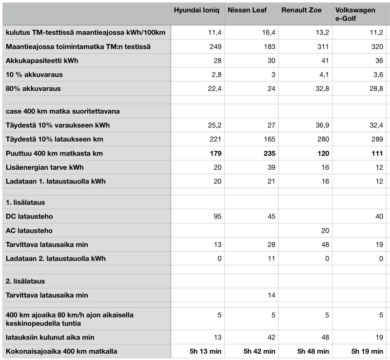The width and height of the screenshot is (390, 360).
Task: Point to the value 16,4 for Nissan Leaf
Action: click(x=268, y=33)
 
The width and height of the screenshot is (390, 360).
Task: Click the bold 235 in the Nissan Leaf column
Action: click(x=268, y=154)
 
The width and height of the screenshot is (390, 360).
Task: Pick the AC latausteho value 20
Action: click(x=324, y=230)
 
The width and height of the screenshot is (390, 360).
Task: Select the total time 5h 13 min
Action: click(x=204, y=351)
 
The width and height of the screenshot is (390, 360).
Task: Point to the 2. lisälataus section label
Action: click(x=26, y=281)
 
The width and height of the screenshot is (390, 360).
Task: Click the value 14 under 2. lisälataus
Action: click(x=271, y=295)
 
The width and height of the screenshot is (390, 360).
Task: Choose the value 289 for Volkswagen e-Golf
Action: click(x=376, y=139)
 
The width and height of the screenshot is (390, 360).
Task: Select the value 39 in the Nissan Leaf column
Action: click(x=271, y=167)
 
